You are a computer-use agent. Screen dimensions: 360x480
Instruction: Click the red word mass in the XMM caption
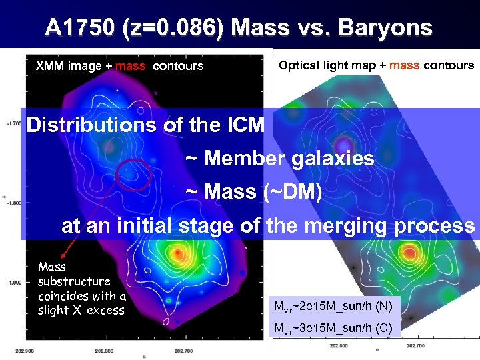pyautogui.click(x=130, y=66)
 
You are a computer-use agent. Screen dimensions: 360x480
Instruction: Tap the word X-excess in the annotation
pyautogui.click(x=99, y=310)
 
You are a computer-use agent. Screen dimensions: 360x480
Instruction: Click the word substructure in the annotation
pyautogui.click(x=74, y=281)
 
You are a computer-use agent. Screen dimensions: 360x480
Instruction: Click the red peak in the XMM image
pyautogui.click(x=177, y=254)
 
